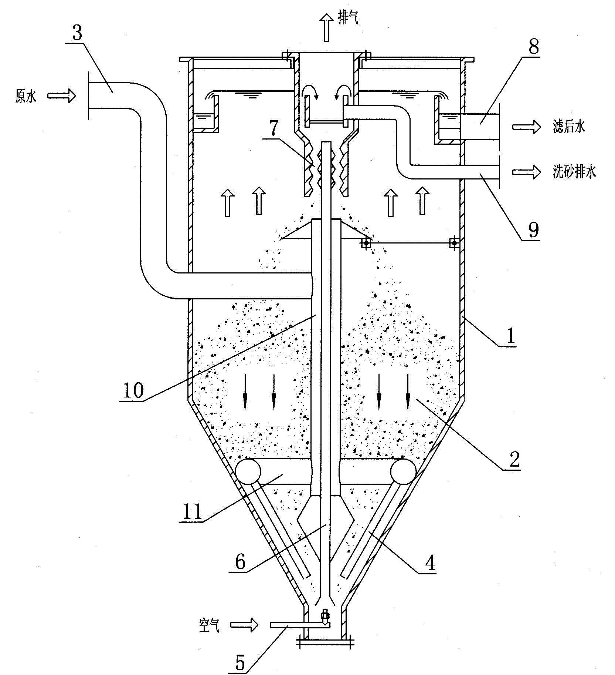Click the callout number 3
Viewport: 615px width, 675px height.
(x=77, y=33)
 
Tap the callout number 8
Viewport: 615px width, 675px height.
(x=533, y=47)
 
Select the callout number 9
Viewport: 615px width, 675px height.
(x=533, y=230)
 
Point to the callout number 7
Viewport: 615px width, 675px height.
(x=273, y=128)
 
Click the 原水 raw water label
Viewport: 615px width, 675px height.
(x=26, y=96)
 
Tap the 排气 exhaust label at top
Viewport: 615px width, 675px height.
(x=348, y=18)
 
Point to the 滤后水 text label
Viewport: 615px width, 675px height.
(x=569, y=127)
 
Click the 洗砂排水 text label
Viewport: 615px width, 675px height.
(x=574, y=172)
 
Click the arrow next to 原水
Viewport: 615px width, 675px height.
(x=61, y=96)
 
